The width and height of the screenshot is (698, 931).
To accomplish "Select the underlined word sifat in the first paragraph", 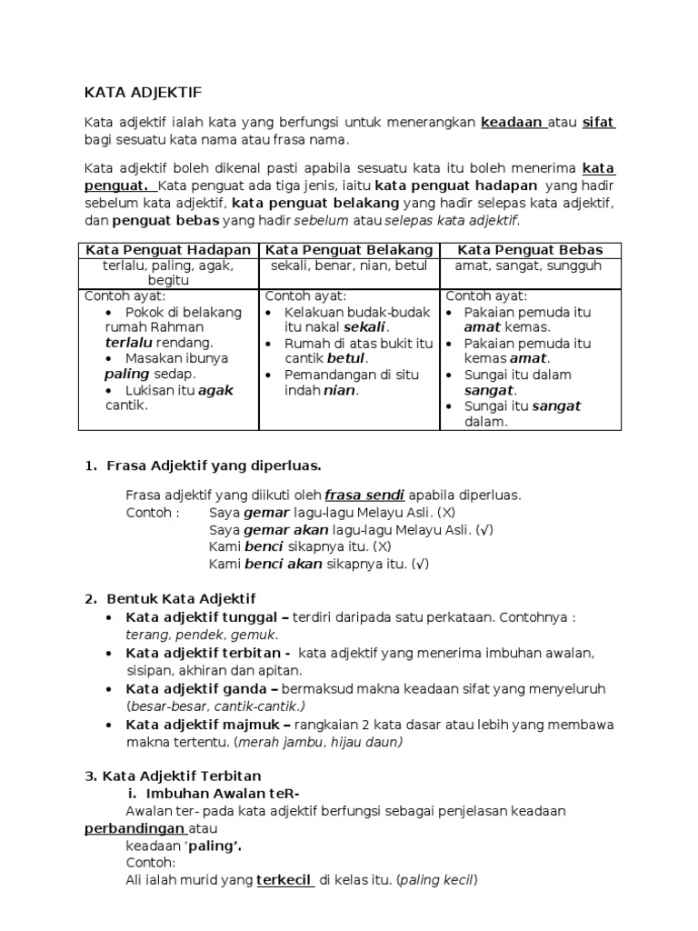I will click(598, 123).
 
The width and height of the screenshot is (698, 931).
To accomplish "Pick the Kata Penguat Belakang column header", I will click(349, 250).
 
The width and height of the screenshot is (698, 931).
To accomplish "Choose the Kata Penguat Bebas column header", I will click(530, 250).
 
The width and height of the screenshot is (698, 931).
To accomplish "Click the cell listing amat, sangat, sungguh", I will click(530, 265).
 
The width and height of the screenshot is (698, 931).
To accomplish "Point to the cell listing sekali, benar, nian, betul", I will click(349, 265).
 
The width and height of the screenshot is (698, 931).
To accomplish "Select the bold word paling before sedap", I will click(125, 374).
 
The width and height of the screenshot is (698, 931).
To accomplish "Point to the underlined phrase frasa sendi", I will click(364, 496).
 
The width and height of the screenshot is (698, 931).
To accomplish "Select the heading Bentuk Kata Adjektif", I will click(182, 599).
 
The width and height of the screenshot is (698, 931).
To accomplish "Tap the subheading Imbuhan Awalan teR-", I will click(217, 793).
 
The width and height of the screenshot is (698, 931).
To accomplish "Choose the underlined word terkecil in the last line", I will click(285, 880).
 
